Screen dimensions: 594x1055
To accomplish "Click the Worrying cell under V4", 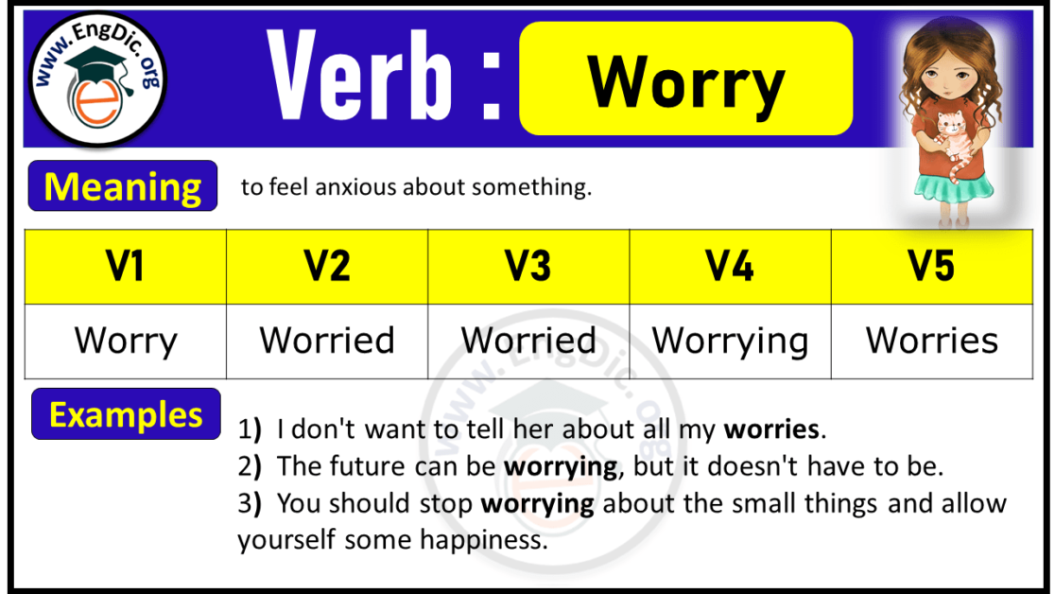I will tap(730, 341).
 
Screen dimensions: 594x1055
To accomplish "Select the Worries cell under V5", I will tap(931, 341).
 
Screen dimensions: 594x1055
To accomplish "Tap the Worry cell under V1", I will tap(125, 341).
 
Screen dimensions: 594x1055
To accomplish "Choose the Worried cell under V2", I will tap(327, 341).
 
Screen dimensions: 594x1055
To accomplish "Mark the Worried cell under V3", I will tap(528, 341).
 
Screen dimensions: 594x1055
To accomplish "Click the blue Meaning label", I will tap(123, 186).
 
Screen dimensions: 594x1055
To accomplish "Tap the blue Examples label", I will tap(126, 414).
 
